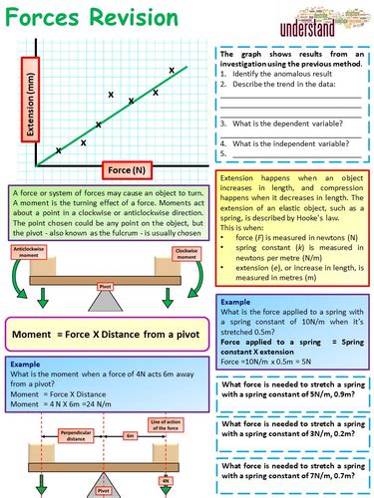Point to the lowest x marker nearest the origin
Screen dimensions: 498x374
[x=59, y=150]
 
